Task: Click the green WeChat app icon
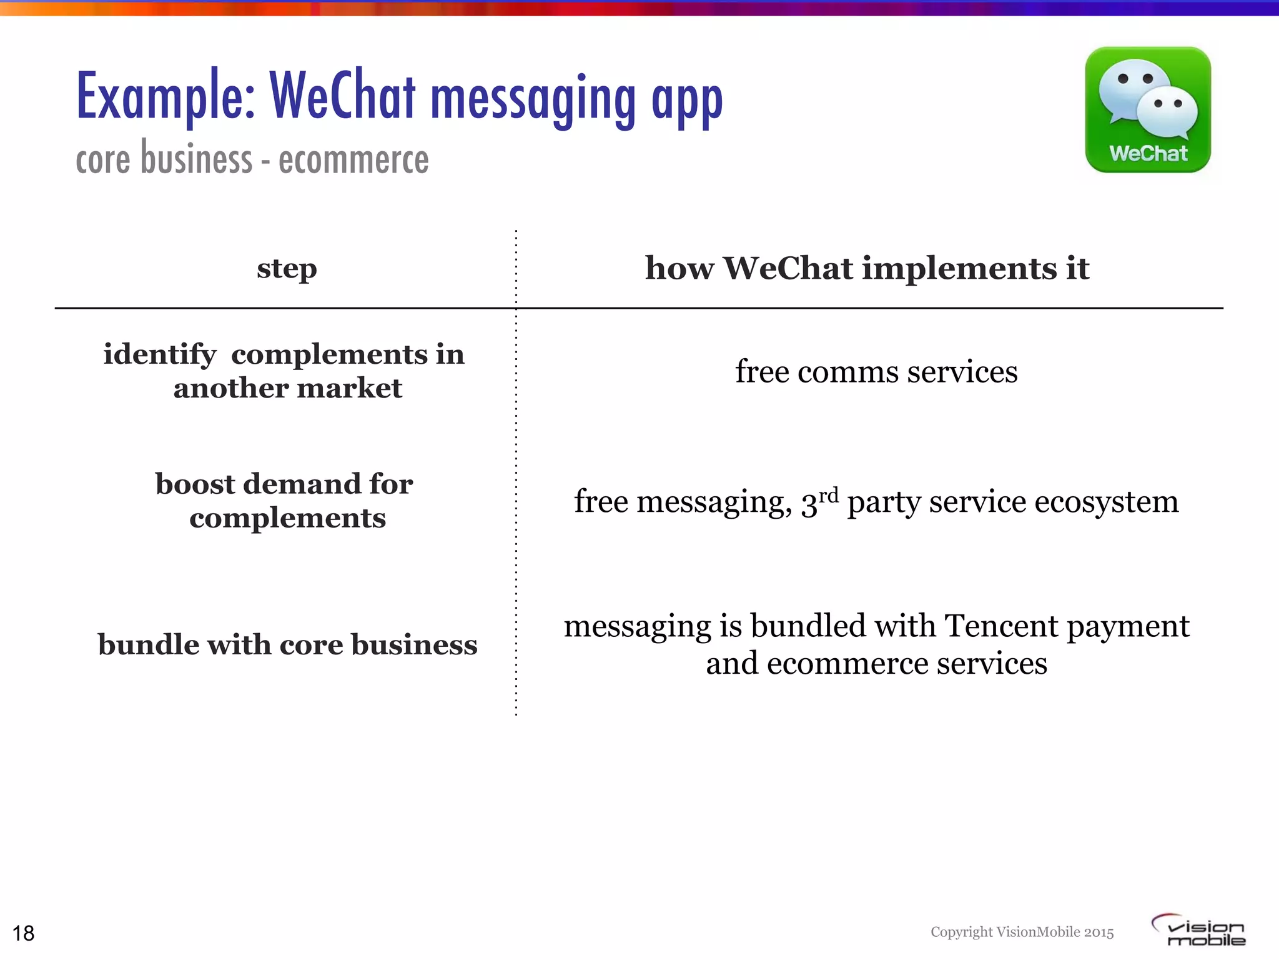pyautogui.click(x=1148, y=109)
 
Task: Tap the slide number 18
pyautogui.click(x=24, y=933)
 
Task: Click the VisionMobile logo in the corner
pyautogui.click(x=1199, y=931)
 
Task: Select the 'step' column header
pyautogui.click(x=287, y=269)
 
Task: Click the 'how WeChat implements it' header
pyautogui.click(x=867, y=269)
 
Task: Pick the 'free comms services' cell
pyautogui.click(x=876, y=372)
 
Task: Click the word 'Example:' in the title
pyautogui.click(x=166, y=97)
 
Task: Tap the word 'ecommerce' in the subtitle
pyautogui.click(x=353, y=160)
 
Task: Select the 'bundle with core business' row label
pyautogui.click(x=287, y=645)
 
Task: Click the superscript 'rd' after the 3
pyautogui.click(x=829, y=496)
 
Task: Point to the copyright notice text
pyautogui.click(x=1022, y=932)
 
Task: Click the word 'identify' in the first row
pyautogui.click(x=159, y=355)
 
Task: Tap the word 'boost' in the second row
pyautogui.click(x=195, y=484)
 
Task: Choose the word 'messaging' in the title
pyautogui.click(x=533, y=100)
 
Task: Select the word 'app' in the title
pyautogui.click(x=687, y=101)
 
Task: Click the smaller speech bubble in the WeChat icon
pyautogui.click(x=1167, y=112)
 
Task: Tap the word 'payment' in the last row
pyautogui.click(x=1128, y=627)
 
